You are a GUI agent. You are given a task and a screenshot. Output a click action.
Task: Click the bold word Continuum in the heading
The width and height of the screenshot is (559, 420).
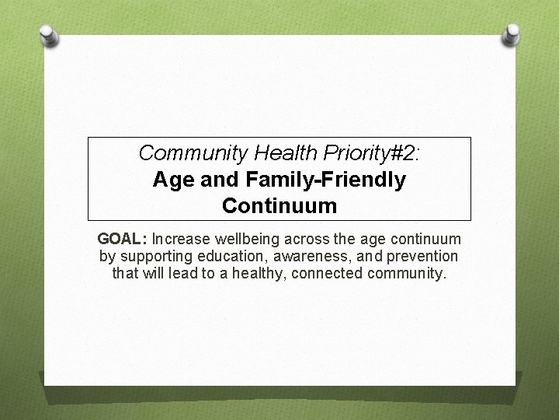point(279,206)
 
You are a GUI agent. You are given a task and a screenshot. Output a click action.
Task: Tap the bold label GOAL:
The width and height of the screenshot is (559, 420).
point(123,240)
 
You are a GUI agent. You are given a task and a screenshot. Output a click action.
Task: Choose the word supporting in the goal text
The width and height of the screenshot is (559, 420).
point(153,256)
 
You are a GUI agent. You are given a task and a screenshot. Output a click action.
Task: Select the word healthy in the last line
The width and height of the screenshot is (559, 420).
point(258,273)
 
